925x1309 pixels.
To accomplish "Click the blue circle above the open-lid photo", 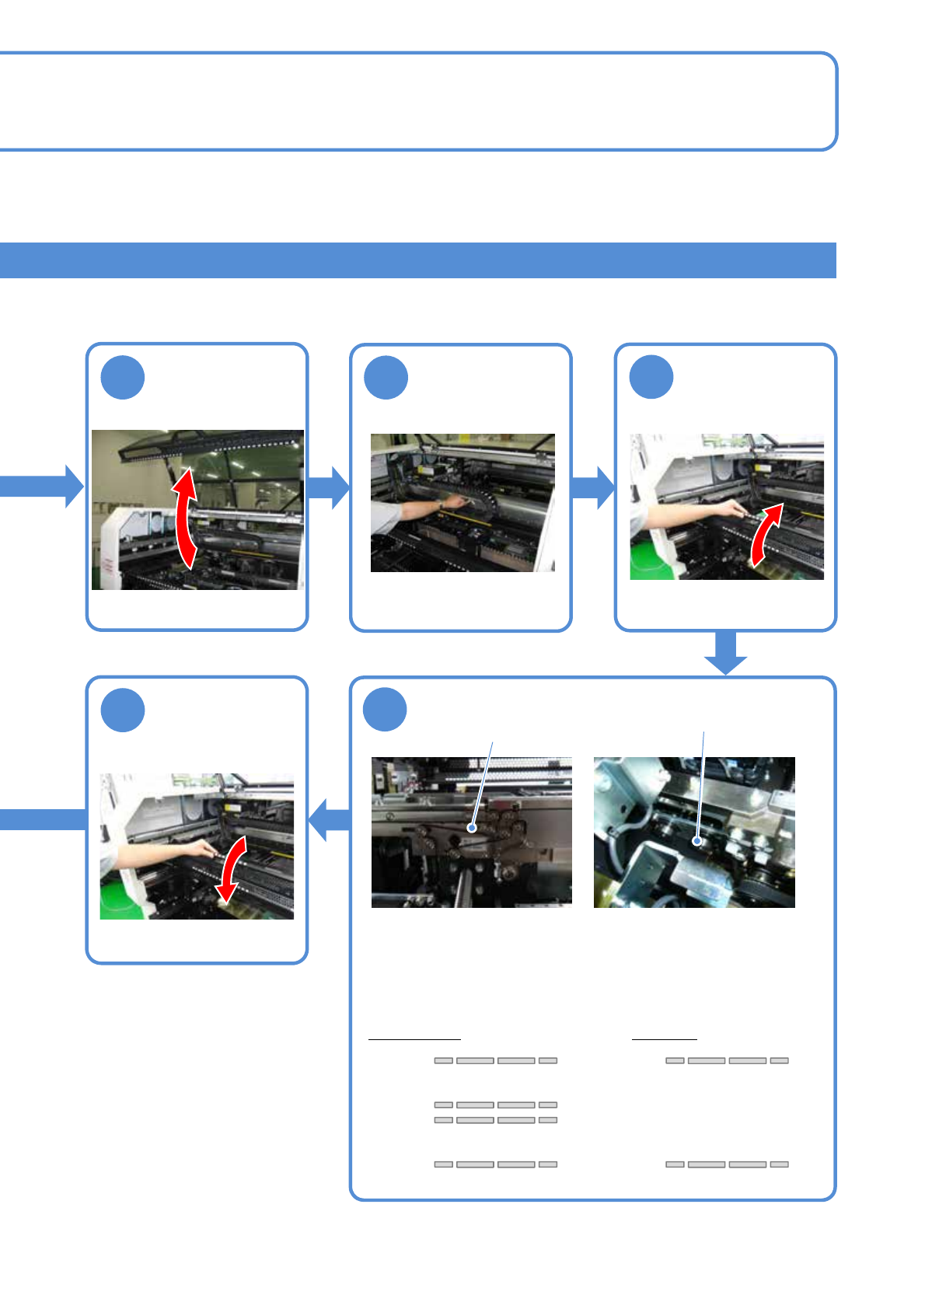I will click(x=123, y=377).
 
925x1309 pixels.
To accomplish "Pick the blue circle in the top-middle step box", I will click(x=386, y=378).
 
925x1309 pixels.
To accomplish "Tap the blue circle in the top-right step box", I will click(x=651, y=377).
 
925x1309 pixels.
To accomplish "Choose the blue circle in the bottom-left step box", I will click(x=123, y=710).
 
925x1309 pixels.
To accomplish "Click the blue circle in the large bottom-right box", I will click(x=386, y=710).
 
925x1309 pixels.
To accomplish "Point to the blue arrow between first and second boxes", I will click(x=329, y=487).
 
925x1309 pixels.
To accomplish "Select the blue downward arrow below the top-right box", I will click(x=725, y=653).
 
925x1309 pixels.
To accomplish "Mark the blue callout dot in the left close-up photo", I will click(x=472, y=829).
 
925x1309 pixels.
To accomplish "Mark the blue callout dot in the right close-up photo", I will click(x=697, y=840).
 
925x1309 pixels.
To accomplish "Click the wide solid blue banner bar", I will click(x=417, y=260).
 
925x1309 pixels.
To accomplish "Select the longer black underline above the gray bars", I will click(x=414, y=1038).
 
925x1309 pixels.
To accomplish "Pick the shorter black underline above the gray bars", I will click(x=665, y=1038).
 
